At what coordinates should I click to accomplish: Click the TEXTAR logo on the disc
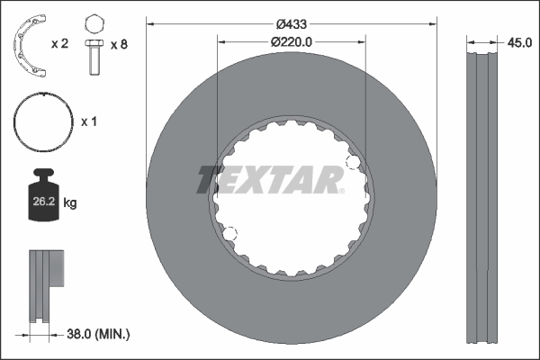pos(270,179)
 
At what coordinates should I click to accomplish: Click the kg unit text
pos(70,203)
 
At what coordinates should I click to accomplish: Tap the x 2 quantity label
pos(61,42)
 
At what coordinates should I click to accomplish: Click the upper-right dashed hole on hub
pos(354,163)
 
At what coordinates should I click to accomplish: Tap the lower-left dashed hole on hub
pos(229,235)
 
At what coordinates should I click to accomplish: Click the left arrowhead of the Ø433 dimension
pos(150,22)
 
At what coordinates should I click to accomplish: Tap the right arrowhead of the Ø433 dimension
pos(433,22)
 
